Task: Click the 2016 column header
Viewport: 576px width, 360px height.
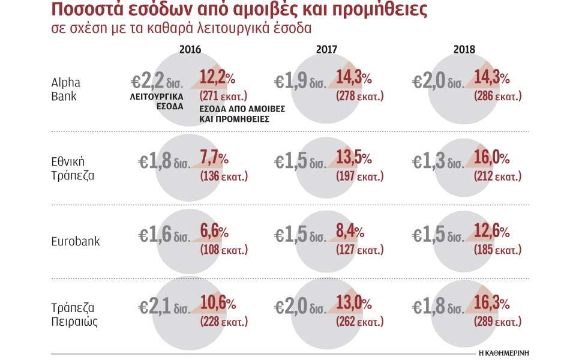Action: pyautogui.click(x=190, y=50)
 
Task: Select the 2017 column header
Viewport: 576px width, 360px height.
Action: pyautogui.click(x=327, y=50)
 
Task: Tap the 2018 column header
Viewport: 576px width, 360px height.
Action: pyautogui.click(x=464, y=50)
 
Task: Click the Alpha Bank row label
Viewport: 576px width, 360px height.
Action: pyautogui.click(x=66, y=89)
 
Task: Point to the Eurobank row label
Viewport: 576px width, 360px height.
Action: pyautogui.click(x=75, y=241)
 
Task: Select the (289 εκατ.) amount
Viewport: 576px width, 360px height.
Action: pyautogui.click(x=497, y=323)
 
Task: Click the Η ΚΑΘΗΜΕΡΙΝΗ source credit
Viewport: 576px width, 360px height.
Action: pyautogui.click(x=503, y=352)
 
